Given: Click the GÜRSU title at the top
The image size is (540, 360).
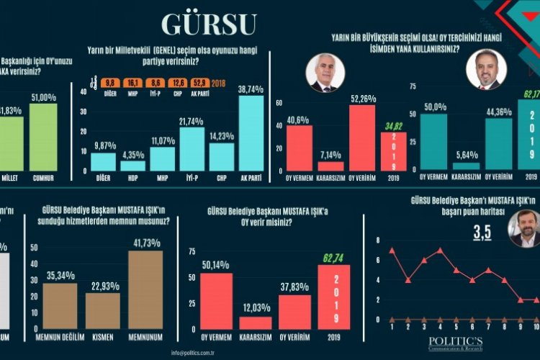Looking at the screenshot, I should (x=208, y=24).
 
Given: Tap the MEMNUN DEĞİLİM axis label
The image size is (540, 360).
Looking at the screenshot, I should (x=60, y=336).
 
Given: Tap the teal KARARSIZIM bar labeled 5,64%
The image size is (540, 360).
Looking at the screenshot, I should (x=446, y=166).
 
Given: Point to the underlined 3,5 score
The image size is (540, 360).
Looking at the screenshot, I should (x=482, y=233).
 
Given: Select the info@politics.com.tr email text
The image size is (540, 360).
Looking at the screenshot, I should (x=197, y=352).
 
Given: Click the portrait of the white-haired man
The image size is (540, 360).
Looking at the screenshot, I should (x=325, y=73).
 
